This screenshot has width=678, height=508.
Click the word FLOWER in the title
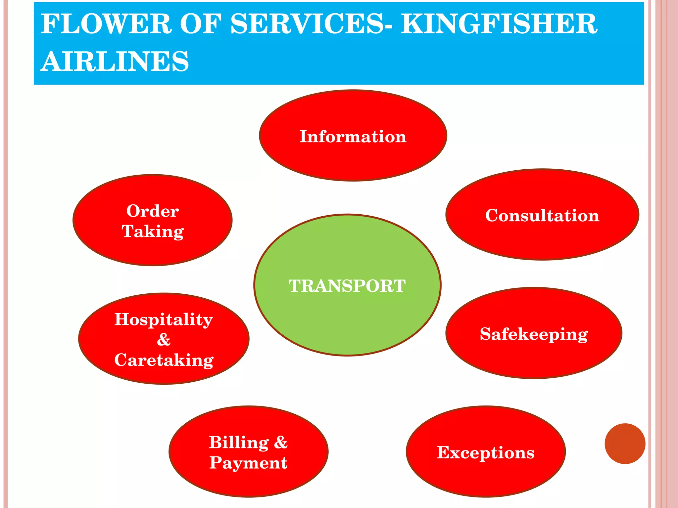[106, 24]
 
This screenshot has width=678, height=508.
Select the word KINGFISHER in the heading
[499, 24]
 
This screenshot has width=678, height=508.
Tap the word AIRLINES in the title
[115, 62]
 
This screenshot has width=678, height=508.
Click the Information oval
[353, 136]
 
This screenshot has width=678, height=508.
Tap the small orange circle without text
[625, 444]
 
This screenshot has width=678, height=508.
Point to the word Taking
[153, 232]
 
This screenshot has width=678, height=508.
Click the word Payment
[248, 463]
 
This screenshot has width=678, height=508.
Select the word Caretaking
[164, 360]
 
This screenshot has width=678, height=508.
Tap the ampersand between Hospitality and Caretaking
[164, 340]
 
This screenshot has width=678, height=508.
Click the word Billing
[239, 443]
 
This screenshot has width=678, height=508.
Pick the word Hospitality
[164, 319]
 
